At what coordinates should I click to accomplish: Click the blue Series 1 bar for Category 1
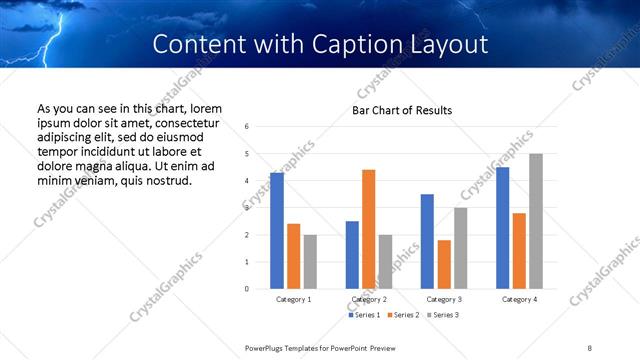coord(277,231)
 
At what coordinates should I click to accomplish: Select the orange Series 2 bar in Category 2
coord(368,229)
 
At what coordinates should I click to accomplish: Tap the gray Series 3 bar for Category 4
coord(536,221)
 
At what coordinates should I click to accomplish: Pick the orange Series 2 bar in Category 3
coord(444,264)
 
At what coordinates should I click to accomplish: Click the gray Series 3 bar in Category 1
coord(310,262)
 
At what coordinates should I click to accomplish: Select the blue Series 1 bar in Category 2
coord(352,255)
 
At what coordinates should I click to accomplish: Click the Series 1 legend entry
coord(364,315)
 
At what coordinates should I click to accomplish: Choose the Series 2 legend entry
coord(402,315)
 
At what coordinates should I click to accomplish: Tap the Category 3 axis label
coord(443,299)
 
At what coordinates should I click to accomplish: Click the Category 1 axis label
coord(293,299)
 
